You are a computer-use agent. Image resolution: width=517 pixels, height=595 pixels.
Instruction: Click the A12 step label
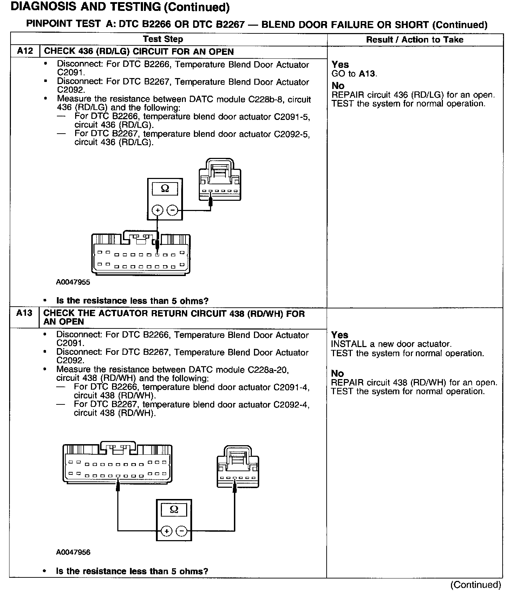[x=25, y=51]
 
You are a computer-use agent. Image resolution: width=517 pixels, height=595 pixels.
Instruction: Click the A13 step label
[x=24, y=313]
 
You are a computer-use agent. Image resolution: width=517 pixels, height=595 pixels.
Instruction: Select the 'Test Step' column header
[x=163, y=39]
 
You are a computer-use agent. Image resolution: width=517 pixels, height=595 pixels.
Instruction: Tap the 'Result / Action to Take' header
[x=414, y=39]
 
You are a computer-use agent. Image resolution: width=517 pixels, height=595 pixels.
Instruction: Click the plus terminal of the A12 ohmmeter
[x=157, y=210]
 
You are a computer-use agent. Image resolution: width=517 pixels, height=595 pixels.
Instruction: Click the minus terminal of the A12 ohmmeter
[x=172, y=210]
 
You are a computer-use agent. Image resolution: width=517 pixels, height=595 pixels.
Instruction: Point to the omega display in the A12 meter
[x=165, y=189]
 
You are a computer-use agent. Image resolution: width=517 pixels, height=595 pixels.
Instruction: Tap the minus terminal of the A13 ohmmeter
[x=181, y=531]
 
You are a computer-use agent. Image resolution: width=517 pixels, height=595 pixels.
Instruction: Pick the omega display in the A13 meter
[x=174, y=509]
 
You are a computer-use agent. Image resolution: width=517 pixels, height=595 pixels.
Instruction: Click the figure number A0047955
[x=73, y=282]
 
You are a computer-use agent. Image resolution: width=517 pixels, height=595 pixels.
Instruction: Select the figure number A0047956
[x=73, y=552]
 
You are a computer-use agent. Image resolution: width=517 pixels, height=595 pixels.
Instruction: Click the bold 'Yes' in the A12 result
[x=340, y=64]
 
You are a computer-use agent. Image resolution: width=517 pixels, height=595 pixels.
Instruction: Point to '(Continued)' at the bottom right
[x=476, y=584]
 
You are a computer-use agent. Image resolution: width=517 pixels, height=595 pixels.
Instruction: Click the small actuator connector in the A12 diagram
[x=220, y=180]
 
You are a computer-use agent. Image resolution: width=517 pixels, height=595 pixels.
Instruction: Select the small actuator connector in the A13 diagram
[x=238, y=467]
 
